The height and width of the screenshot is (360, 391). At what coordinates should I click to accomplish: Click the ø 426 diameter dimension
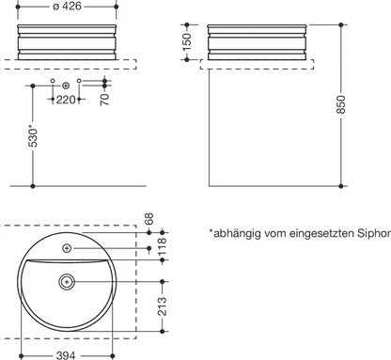[x=67, y=6]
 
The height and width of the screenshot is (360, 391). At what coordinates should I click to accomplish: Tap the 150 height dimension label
[x=186, y=42]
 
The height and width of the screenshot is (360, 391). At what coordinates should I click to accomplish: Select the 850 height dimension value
[x=341, y=104]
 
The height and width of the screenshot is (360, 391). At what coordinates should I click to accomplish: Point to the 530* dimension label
[x=33, y=136]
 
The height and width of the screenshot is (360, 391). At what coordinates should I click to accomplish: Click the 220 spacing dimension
[x=66, y=100]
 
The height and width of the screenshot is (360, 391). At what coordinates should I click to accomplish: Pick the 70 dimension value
[x=105, y=99]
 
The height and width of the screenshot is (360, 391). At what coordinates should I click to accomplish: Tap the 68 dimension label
[x=149, y=219]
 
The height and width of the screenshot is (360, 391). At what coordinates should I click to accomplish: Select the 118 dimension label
[x=162, y=246]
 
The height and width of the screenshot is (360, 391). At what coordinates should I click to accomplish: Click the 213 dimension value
[x=162, y=306]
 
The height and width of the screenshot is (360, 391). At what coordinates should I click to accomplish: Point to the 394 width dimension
[x=66, y=355]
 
